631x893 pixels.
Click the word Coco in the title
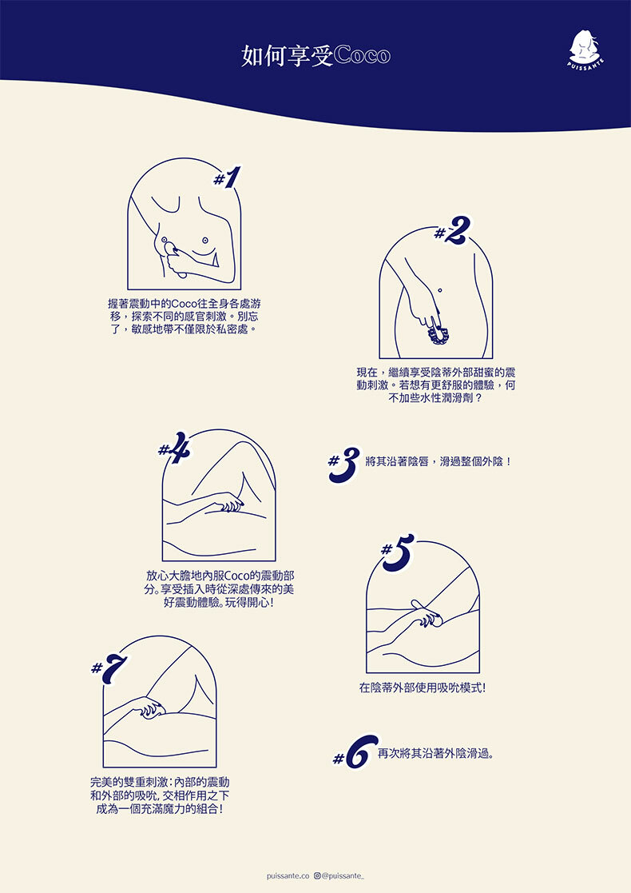coord(362,55)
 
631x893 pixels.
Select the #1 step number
coord(227,177)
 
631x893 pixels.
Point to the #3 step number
coord(344,464)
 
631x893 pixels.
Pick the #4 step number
coord(175,447)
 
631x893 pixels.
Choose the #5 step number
coord(398,552)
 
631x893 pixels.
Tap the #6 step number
coord(355,751)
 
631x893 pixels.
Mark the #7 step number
coord(109,668)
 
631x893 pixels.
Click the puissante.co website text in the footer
coord(288,876)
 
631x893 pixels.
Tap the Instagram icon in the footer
coord(317,875)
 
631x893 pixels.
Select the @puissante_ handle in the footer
coord(343,876)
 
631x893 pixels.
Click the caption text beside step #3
coord(439,461)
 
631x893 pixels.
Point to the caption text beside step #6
coord(435,753)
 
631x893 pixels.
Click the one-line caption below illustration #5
coord(423,688)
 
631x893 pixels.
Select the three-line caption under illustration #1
coord(185,317)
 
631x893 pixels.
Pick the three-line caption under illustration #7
coord(160,795)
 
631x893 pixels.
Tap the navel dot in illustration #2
coord(440,290)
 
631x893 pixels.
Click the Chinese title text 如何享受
coord(288,56)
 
